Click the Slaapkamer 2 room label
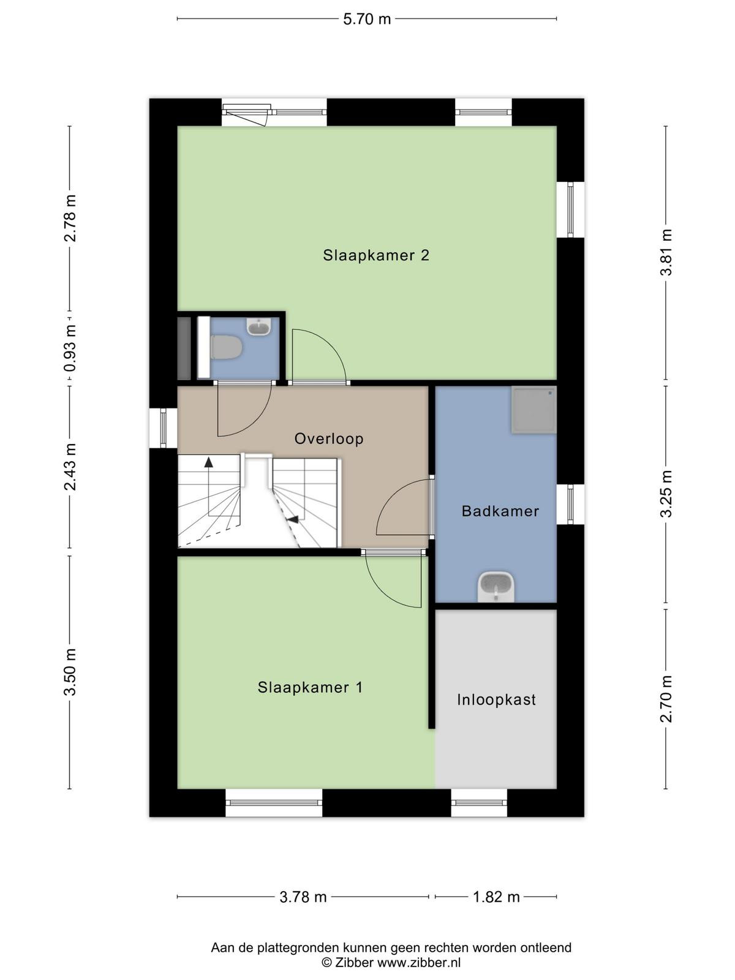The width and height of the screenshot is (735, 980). (x=375, y=255)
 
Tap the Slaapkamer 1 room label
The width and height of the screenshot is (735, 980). (x=310, y=687)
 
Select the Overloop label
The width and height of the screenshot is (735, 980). (x=329, y=439)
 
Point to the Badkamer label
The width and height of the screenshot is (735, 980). (x=500, y=511)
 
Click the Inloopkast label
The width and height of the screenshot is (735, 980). (x=496, y=699)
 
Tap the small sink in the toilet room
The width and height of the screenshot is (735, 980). (x=259, y=327)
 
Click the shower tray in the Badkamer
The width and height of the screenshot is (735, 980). (x=534, y=410)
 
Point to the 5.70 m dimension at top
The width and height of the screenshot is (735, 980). (x=367, y=19)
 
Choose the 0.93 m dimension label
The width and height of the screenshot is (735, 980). (x=70, y=349)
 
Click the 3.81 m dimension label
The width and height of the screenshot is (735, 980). (x=666, y=253)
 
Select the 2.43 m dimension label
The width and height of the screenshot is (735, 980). (x=70, y=467)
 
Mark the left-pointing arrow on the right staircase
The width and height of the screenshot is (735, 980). (x=292, y=519)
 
